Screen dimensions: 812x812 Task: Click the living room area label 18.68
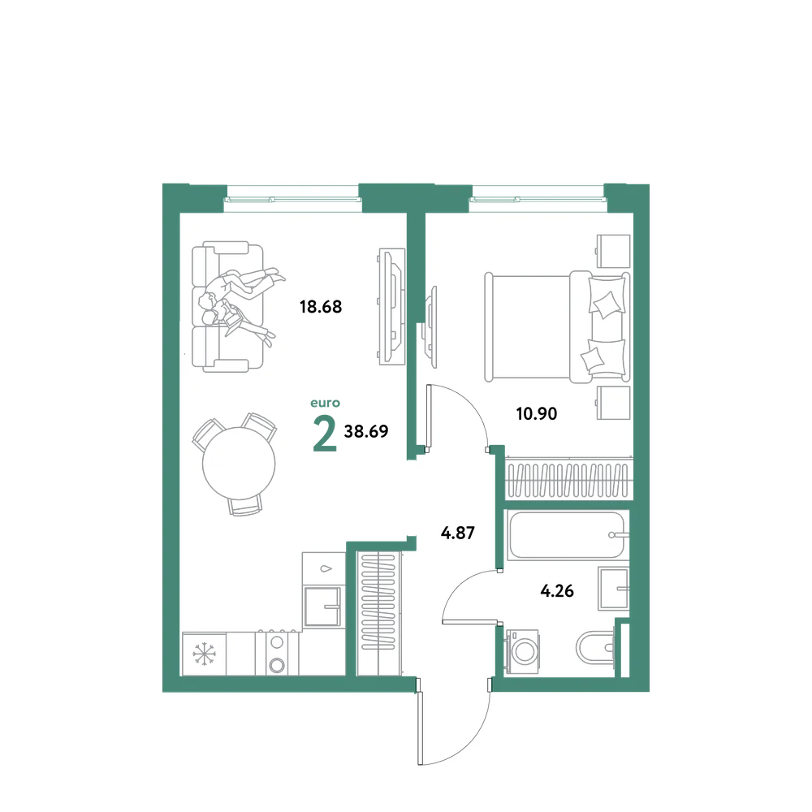pos(321,307)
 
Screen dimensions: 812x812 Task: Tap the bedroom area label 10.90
pos(537,414)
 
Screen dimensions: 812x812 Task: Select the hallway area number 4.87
pos(458,533)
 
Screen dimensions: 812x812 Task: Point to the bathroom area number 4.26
pos(557,591)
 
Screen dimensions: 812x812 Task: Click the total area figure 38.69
pos(366,431)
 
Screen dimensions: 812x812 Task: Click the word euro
pos(326,403)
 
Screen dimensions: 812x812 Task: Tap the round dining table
pos(239,463)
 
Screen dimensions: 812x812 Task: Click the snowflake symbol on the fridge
pos(204,654)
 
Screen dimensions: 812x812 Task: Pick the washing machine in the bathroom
pos(522,651)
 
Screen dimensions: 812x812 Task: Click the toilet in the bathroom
pos(595,647)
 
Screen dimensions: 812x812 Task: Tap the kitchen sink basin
pos(324,606)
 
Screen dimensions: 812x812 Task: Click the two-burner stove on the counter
pos(277,654)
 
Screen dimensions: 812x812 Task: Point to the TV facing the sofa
pos(391,307)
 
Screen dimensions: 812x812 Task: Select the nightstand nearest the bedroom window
pos(612,251)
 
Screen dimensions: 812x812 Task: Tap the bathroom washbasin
pos(614,588)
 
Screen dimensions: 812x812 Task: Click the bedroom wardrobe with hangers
pos(568,479)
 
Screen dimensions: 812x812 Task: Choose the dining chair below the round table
pos(245,504)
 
